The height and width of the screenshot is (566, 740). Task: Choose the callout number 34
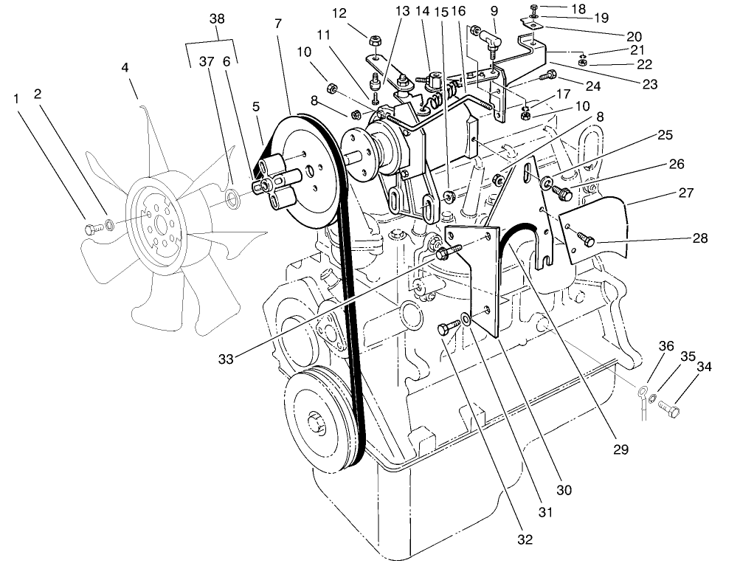[x=705, y=366]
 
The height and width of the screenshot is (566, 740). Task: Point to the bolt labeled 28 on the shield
[x=584, y=240]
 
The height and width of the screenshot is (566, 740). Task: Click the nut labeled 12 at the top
[x=375, y=41]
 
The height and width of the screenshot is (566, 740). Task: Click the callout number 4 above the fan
[x=125, y=67]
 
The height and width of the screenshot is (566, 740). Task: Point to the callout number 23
[x=649, y=83]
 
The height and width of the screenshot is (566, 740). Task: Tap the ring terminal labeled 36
[x=643, y=390]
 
